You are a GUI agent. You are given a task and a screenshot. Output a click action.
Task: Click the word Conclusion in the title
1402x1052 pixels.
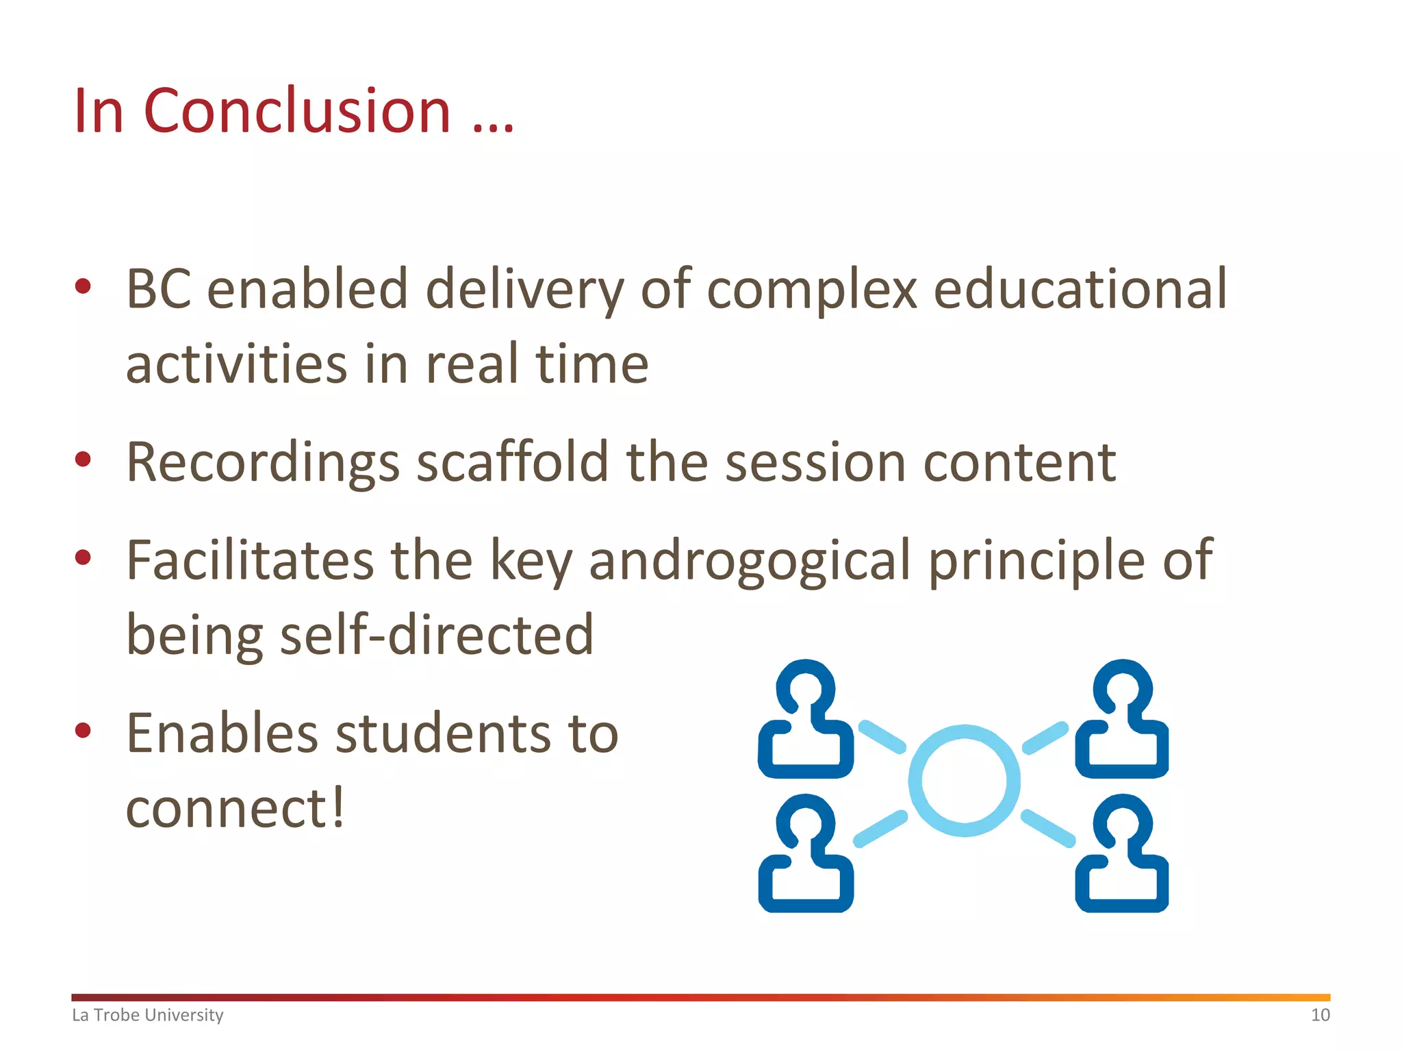[x=296, y=111]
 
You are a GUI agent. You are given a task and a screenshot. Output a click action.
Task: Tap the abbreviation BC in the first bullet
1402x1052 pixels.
[x=158, y=289]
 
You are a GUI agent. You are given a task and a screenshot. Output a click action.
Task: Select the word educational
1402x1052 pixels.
[x=1080, y=289]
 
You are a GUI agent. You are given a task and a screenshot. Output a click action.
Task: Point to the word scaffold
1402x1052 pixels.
[x=513, y=462]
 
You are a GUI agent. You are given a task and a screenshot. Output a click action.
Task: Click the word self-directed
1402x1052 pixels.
[x=437, y=635]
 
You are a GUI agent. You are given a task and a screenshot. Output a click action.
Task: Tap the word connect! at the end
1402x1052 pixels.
[x=235, y=808]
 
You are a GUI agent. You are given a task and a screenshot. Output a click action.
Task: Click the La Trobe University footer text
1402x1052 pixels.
[x=148, y=1015]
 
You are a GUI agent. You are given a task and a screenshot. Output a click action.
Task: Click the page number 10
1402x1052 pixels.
[x=1320, y=1015]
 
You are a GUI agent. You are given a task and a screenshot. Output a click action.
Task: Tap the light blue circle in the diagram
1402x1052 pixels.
[x=964, y=781]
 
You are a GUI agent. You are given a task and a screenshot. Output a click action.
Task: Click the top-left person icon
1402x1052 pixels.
[x=806, y=719]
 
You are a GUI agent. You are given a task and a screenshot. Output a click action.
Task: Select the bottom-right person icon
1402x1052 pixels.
[x=1122, y=853]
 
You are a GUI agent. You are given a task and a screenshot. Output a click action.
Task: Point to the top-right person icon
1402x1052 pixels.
[x=1122, y=719]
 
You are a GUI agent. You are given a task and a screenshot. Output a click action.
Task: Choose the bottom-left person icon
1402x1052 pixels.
[x=806, y=853]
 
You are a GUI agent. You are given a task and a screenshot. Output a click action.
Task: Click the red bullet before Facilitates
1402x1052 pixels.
[x=83, y=558]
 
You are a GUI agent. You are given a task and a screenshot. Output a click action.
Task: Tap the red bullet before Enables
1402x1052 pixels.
[x=83, y=730]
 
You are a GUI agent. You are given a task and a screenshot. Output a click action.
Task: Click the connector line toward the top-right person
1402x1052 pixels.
[x=1045, y=738]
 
